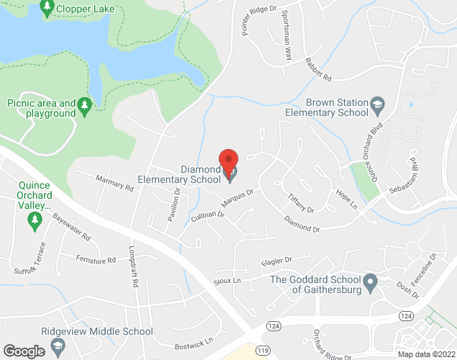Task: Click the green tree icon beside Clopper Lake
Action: click(x=47, y=8)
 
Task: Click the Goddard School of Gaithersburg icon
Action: click(x=370, y=282)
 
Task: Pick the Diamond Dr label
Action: click(x=301, y=225)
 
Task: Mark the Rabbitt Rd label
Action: click(x=317, y=69)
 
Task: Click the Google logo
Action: click(x=24, y=351)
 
